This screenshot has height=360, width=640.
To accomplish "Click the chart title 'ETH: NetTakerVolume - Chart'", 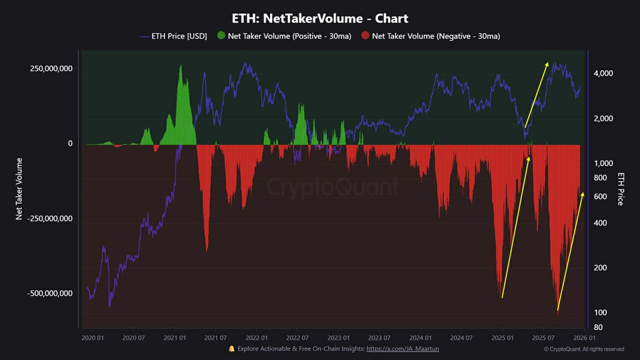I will click(x=320, y=18).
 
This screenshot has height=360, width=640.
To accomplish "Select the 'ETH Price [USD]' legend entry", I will click(x=173, y=36).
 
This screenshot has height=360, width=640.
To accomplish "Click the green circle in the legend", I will click(x=221, y=36).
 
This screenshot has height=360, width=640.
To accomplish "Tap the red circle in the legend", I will click(x=365, y=36).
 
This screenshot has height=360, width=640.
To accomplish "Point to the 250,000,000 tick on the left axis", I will click(x=51, y=69).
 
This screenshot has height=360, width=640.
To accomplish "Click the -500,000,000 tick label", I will click(x=50, y=293).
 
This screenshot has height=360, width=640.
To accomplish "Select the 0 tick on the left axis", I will click(x=69, y=143).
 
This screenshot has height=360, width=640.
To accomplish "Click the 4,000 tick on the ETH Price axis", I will click(x=603, y=73).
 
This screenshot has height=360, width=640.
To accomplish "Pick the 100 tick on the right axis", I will click(x=600, y=312).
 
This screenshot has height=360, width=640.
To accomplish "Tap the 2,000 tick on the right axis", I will click(x=603, y=118).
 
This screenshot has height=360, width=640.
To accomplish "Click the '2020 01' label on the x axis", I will click(x=93, y=338).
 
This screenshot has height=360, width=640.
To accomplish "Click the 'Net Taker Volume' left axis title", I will click(x=19, y=188).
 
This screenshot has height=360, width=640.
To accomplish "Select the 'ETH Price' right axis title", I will click(x=621, y=188).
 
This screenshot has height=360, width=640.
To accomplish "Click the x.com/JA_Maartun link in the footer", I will click(x=403, y=349).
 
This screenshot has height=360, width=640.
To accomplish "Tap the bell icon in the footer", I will click(x=231, y=349).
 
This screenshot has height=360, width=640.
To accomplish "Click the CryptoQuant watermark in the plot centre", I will click(x=332, y=187).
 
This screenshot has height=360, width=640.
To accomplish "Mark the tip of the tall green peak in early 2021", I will click(x=180, y=65).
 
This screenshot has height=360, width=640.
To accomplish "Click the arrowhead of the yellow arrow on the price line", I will click(x=547, y=63).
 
